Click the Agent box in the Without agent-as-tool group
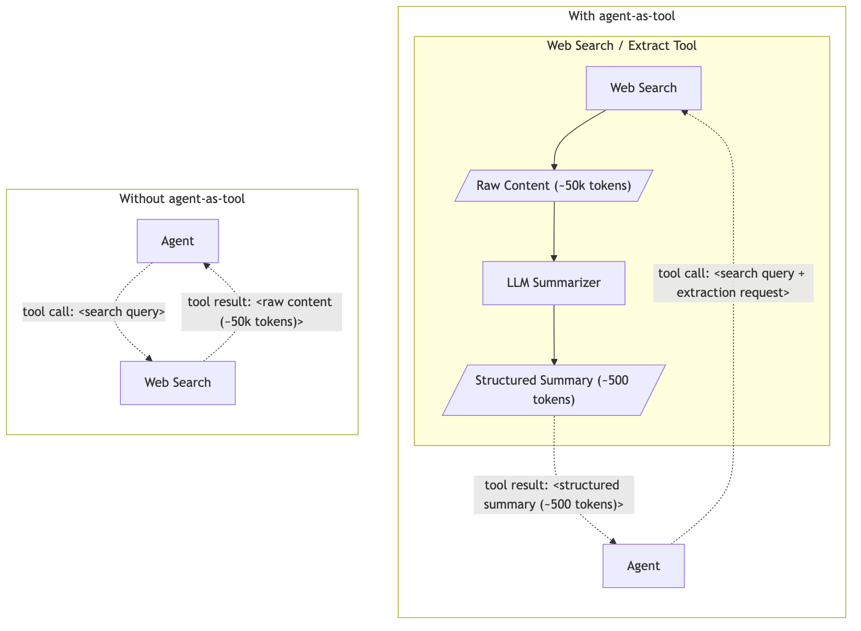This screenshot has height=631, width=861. point(177,241)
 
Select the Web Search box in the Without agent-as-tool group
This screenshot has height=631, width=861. point(177,382)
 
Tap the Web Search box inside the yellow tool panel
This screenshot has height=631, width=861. point(643,88)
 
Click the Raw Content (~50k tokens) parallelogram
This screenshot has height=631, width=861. point(553,185)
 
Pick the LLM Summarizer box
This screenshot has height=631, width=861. point(553,283)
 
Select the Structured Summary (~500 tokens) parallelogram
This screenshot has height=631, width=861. point(553,390)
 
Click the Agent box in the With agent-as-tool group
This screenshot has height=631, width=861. point(643,566)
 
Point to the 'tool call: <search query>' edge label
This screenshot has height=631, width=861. point(94,312)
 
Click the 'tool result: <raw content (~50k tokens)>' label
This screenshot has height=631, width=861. point(261,312)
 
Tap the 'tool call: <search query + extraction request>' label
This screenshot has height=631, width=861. point(733,283)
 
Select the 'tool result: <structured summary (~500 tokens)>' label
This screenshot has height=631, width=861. point(553,494)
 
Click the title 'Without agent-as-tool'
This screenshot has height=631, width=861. point(182,199)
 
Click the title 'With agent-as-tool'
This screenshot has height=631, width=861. point(622,16)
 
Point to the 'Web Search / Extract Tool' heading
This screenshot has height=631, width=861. point(622,46)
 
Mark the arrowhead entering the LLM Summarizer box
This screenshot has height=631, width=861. point(554,258)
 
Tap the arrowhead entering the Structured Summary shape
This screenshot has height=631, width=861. point(554,362)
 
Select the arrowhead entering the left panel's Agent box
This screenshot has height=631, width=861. point(206,266)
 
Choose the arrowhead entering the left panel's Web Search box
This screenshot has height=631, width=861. point(149,358)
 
